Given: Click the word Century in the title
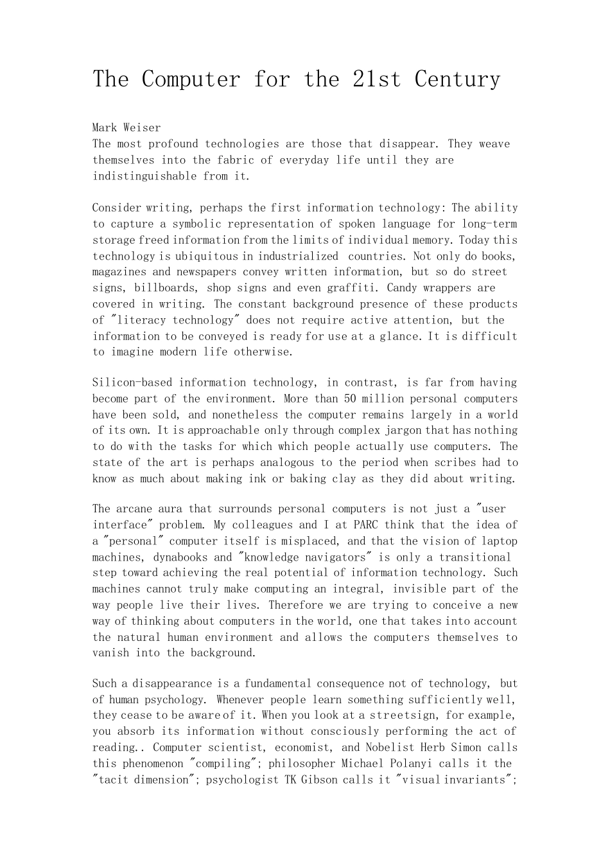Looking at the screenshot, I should [457, 79].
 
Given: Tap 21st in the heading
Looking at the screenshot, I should [376, 79].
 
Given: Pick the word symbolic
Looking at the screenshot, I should [196, 224].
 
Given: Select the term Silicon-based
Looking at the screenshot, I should [132, 382].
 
